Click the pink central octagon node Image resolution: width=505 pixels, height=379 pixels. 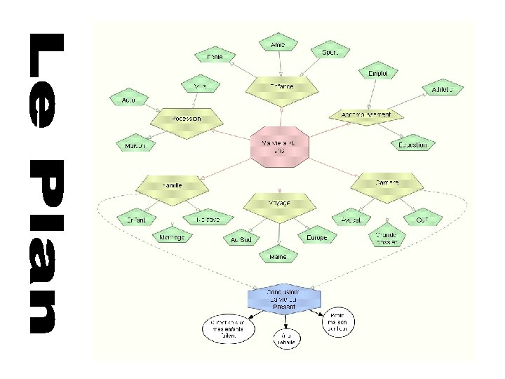(280, 147)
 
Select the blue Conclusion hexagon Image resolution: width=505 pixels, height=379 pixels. (283, 298)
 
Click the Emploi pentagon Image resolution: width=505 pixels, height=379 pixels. (378, 72)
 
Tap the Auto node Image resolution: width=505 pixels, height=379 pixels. (129, 100)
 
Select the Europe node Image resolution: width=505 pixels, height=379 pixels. (316, 238)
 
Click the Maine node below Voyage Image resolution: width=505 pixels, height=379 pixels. (278, 257)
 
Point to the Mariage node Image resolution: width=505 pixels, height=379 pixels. (171, 237)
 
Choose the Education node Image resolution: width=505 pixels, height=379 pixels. (412, 145)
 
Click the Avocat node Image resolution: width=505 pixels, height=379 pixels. (351, 220)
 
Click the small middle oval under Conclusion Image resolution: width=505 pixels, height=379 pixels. (286, 338)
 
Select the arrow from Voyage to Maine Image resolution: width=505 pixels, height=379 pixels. (278, 232)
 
